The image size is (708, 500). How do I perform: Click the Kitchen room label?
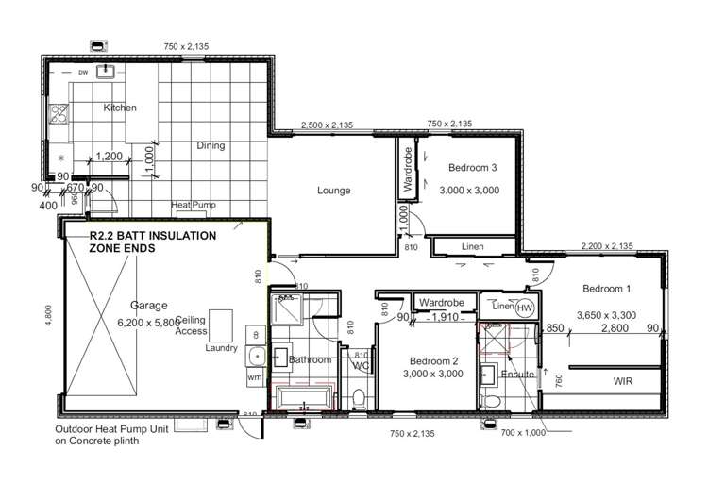[x=120, y=108]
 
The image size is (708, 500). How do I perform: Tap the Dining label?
[x=211, y=145]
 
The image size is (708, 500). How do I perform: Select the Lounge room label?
[x=333, y=191]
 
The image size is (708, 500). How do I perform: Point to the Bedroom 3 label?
[x=472, y=168]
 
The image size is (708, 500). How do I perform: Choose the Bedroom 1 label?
[x=606, y=289]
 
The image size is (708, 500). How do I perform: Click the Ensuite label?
[x=518, y=375]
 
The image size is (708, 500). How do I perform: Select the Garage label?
[x=148, y=306]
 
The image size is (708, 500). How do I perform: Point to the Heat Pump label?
[x=193, y=206]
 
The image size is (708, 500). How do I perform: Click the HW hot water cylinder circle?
[x=525, y=308]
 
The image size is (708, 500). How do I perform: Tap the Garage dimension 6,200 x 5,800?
[x=148, y=322]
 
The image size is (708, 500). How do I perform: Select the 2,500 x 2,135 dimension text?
[x=327, y=125]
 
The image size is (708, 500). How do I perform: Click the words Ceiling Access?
[x=191, y=325]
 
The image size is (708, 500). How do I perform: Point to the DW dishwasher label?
[x=83, y=72]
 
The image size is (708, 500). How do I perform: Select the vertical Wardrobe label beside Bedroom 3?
[x=408, y=170]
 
